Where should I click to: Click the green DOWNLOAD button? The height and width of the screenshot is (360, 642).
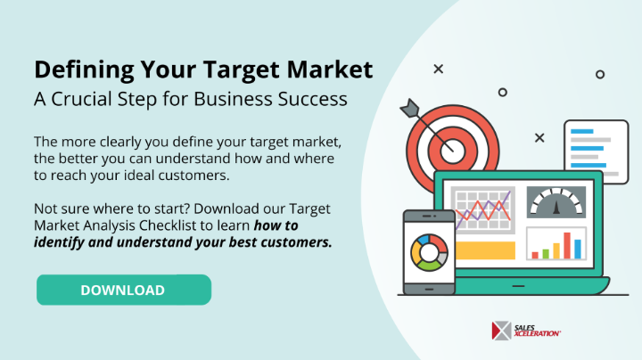click(124, 290)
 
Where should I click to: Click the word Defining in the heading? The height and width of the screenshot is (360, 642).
click(84, 70)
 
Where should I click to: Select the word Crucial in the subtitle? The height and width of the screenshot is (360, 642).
click(81, 99)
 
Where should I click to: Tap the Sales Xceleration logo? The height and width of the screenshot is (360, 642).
click(526, 331)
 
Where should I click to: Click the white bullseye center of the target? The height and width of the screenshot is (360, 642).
click(453, 151)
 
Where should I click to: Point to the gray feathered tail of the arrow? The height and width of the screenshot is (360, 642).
click(410, 108)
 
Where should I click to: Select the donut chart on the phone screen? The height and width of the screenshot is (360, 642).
click(429, 253)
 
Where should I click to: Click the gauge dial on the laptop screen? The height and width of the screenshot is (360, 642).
click(556, 202)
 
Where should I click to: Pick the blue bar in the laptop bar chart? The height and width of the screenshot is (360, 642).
click(578, 250)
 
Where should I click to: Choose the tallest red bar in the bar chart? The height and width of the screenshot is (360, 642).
click(567, 245)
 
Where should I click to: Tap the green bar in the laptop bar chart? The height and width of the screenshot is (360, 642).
click(546, 254)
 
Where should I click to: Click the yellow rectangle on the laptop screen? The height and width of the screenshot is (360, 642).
click(485, 250)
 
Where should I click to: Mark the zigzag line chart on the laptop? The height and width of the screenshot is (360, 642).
click(483, 209)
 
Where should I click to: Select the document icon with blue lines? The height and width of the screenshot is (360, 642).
click(597, 151)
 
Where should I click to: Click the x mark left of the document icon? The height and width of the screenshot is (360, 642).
click(539, 138)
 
